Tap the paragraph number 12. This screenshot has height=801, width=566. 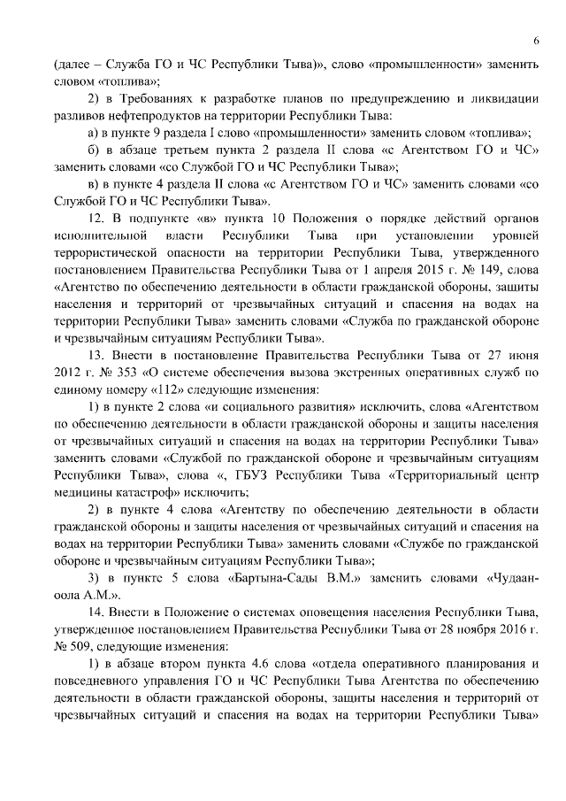click(97, 219)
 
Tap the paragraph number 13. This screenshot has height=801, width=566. click(97, 355)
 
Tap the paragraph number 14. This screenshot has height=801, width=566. click(97, 612)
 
